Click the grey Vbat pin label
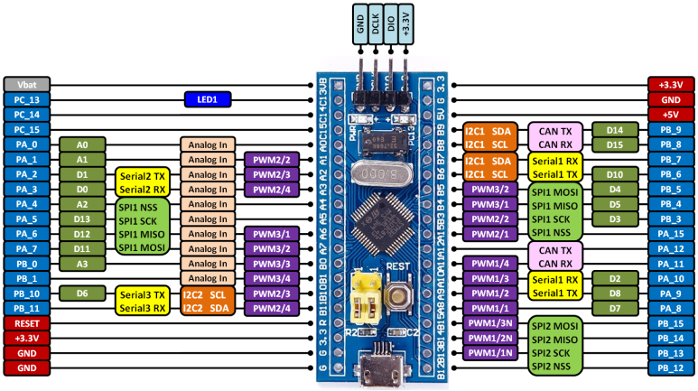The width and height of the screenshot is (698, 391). (x=26, y=84)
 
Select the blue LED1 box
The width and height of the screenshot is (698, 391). (x=208, y=99)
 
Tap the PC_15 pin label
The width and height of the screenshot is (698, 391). (x=26, y=129)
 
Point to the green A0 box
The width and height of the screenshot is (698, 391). (x=82, y=144)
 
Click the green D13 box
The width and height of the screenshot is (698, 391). (x=82, y=219)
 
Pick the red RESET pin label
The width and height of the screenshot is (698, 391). (x=26, y=323)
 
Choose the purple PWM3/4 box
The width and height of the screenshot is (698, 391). (x=270, y=278)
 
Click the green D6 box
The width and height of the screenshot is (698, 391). (x=82, y=293)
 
